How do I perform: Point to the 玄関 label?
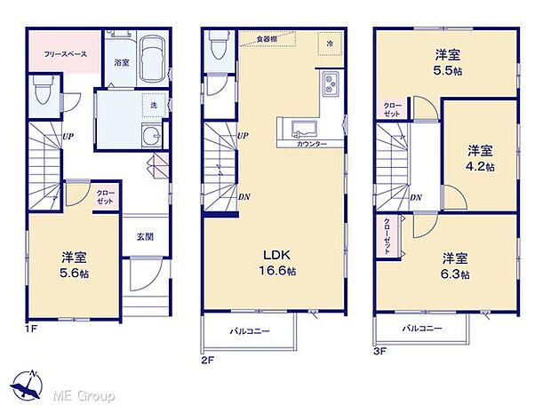[x=144, y=235]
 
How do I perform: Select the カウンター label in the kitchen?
[x=310, y=144]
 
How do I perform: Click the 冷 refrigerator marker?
[x=329, y=43]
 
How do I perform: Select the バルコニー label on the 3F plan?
[x=419, y=329]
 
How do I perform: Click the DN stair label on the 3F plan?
[x=415, y=197]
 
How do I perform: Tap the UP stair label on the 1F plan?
[x=67, y=136]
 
